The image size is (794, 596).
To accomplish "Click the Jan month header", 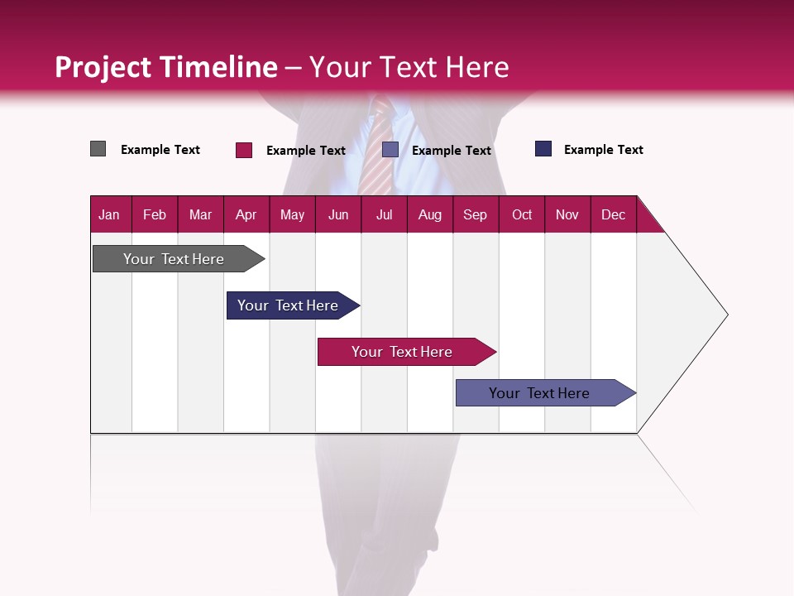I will [109, 214].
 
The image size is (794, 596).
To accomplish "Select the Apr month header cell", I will [246, 214].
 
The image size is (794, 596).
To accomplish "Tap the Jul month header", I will [384, 214].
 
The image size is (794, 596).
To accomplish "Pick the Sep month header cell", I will [475, 214].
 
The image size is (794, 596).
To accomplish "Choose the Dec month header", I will [613, 214].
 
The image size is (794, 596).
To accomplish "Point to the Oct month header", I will [522, 214].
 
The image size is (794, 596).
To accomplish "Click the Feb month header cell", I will [155, 214].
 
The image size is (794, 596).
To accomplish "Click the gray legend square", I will [98, 149].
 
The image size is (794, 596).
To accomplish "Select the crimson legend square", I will [244, 150].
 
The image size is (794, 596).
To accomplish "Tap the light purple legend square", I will [390, 150].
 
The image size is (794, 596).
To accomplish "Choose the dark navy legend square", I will [543, 149].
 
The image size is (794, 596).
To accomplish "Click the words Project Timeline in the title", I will [166, 67].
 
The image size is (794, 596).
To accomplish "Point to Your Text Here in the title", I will [409, 67].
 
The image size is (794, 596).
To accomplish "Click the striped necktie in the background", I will [380, 149].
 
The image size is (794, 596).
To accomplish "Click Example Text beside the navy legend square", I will [603, 150].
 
